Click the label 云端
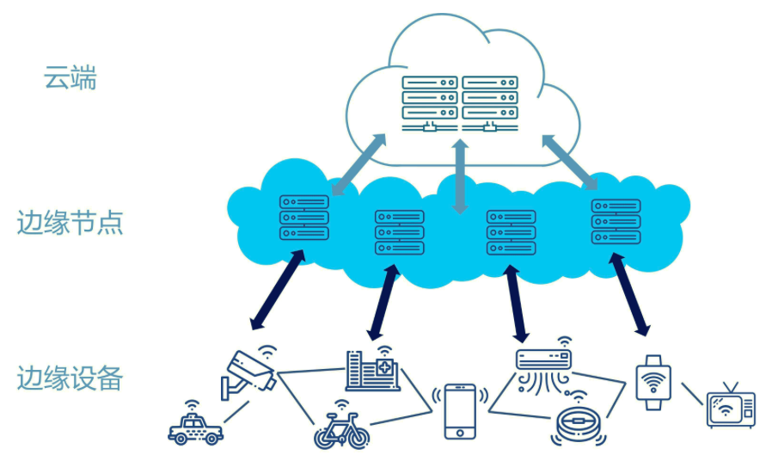click(70, 80)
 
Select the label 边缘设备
click(70, 378)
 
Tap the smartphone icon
click(461, 411)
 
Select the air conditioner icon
click(543, 363)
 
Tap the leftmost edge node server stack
click(303, 217)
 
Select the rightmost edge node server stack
click(616, 220)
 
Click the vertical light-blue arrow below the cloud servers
click(460, 175)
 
